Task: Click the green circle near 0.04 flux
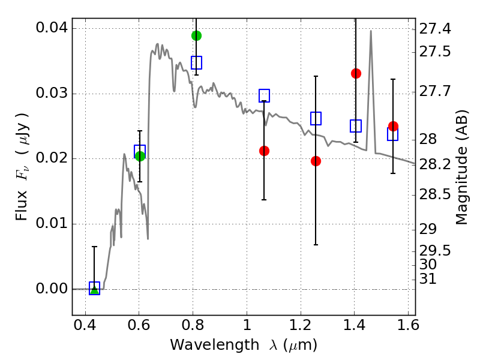(x=197, y=36)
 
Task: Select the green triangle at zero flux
(x=95, y=289)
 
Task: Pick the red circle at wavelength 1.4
(x=356, y=73)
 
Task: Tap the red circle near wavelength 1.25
(x=316, y=161)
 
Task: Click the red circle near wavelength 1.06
(x=264, y=151)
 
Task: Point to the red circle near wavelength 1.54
(x=394, y=126)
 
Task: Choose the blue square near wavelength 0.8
(x=197, y=63)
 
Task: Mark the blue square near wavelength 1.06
(x=264, y=95)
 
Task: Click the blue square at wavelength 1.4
(x=356, y=126)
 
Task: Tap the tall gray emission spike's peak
(x=371, y=31)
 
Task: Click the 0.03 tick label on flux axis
(x=52, y=93)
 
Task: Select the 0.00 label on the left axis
(x=52, y=289)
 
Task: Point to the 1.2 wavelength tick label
(x=301, y=325)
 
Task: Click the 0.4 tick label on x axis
(x=85, y=325)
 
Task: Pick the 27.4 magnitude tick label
(x=434, y=29)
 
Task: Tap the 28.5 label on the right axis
(x=434, y=194)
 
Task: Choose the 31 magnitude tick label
(x=428, y=279)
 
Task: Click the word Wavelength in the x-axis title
(x=215, y=344)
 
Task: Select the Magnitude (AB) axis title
(x=462, y=167)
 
